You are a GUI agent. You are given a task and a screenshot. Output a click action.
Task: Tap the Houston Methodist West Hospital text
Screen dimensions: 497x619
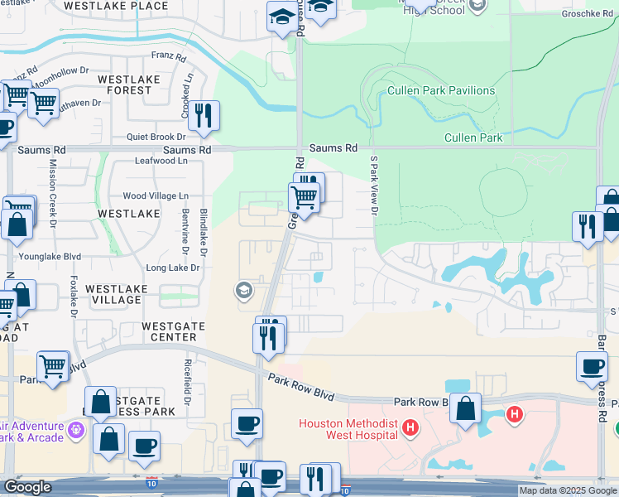(x=349, y=430)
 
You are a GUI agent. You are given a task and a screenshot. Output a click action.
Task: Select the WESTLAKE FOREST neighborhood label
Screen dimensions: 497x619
(x=124, y=84)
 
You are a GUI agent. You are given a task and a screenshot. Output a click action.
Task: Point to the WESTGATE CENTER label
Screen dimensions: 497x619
(x=169, y=331)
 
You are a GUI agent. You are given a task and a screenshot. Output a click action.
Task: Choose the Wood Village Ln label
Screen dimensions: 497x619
(x=156, y=196)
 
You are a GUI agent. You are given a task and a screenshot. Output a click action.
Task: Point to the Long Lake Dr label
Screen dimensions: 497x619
(x=173, y=268)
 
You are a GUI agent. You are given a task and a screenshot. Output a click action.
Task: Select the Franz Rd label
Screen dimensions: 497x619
(x=163, y=56)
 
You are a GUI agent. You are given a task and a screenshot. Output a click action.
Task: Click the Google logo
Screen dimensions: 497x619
(x=27, y=487)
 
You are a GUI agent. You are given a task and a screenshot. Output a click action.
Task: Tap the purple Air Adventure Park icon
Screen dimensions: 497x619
(x=77, y=429)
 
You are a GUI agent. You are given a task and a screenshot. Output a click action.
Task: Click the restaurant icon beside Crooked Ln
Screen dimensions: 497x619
(x=203, y=116)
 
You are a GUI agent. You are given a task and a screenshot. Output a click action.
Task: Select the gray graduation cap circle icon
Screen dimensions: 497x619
(x=243, y=290)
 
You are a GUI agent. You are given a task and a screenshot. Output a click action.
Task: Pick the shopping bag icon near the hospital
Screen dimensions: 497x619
(x=466, y=408)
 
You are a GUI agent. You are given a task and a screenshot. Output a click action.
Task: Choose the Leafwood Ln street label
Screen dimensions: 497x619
(x=161, y=161)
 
